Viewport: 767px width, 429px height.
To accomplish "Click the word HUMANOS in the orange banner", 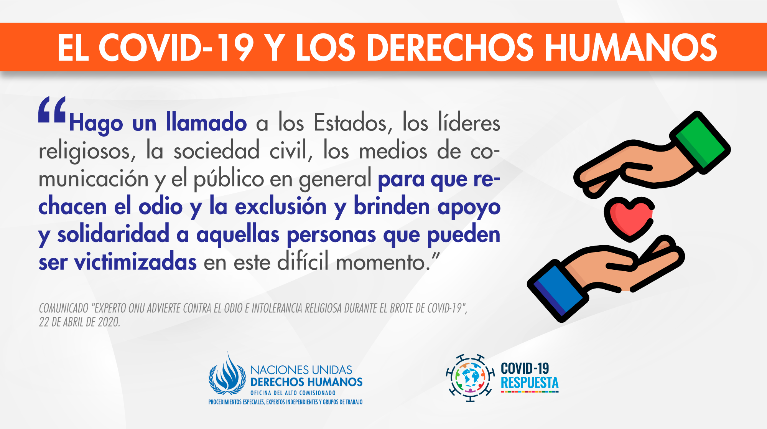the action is click(x=630, y=48).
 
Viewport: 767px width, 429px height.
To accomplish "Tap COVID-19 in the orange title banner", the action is click(x=176, y=48).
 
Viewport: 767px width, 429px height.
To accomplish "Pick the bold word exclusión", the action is click(x=280, y=206).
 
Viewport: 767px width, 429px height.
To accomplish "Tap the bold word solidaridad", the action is click(x=113, y=234).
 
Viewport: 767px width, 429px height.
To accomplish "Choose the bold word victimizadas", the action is click(x=135, y=262).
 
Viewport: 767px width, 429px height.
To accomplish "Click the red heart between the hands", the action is click(x=629, y=219).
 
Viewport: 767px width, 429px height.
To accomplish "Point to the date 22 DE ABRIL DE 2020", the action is click(x=79, y=322).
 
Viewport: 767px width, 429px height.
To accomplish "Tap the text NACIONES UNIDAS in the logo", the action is click(x=301, y=370).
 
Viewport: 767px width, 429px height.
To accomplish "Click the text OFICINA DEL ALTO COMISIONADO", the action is click(x=293, y=393).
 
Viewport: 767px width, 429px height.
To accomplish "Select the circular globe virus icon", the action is click(x=470, y=378).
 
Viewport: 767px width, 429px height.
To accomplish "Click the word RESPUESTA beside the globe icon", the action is click(x=530, y=383).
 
